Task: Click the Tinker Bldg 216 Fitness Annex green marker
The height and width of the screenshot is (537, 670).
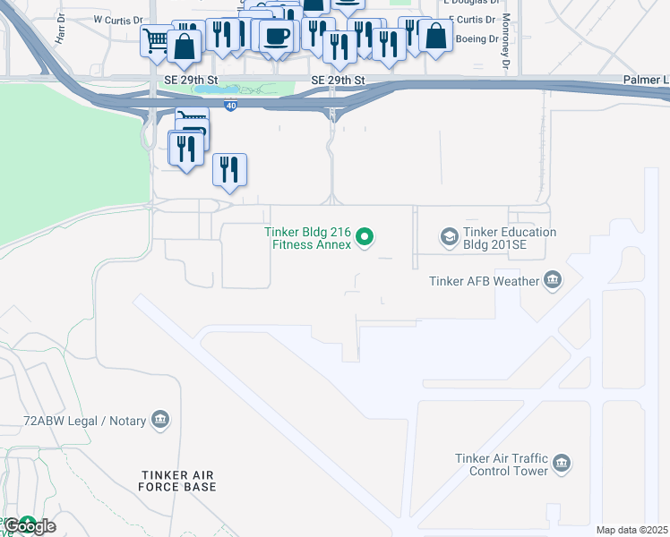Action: (x=364, y=237)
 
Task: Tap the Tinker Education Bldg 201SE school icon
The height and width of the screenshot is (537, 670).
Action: (x=448, y=237)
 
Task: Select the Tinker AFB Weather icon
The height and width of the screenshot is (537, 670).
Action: (x=553, y=281)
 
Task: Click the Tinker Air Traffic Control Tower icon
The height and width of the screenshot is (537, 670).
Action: (x=562, y=464)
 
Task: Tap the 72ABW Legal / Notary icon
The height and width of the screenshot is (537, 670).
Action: (x=160, y=419)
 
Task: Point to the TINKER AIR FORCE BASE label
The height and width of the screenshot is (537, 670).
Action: (x=177, y=481)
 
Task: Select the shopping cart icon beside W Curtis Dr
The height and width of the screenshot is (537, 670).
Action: (x=156, y=40)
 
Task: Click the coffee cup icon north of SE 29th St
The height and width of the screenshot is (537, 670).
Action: (x=278, y=36)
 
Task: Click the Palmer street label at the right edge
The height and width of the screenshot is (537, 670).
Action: (x=646, y=81)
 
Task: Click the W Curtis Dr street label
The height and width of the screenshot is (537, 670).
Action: (x=117, y=20)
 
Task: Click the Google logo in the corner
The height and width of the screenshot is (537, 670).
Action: (x=29, y=525)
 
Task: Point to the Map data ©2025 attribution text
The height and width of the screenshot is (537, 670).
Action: (x=631, y=530)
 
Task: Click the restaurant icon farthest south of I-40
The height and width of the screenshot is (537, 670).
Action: (x=230, y=168)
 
